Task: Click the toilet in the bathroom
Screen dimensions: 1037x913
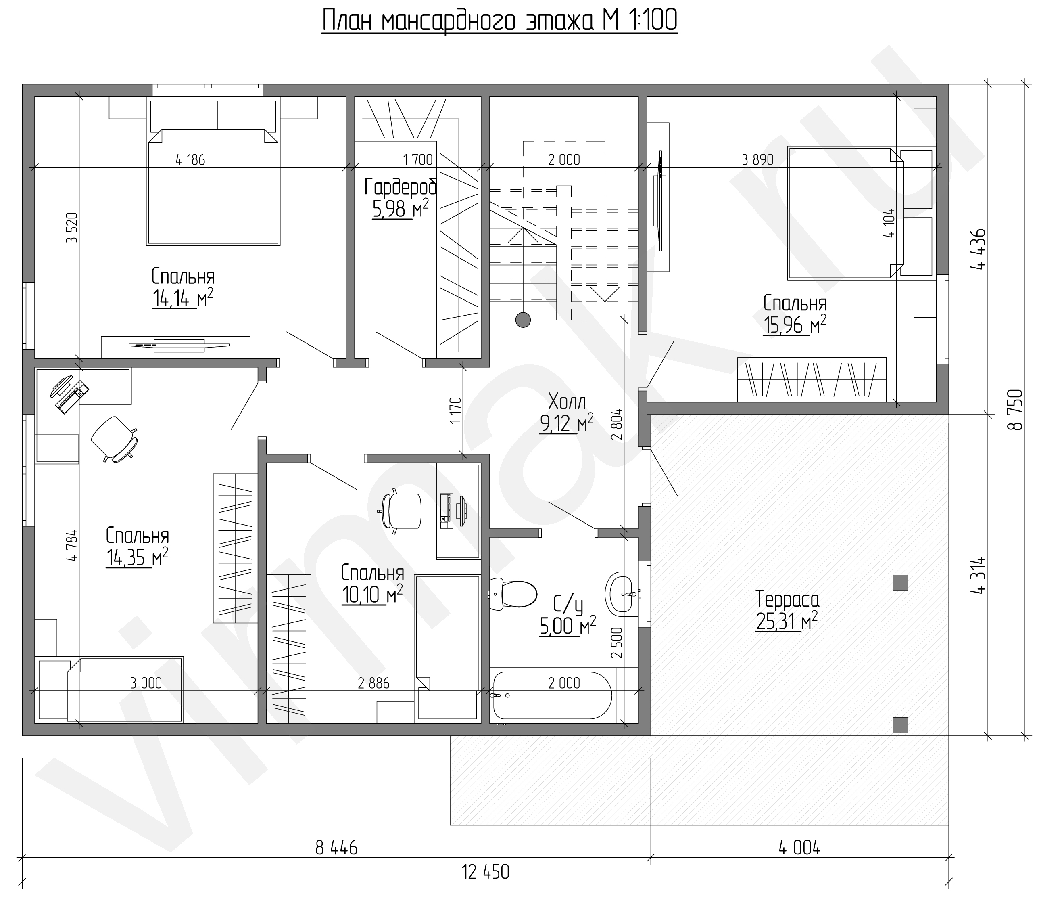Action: point(513,594)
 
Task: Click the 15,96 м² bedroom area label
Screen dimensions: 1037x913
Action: point(795,314)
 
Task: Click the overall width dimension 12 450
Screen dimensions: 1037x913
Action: point(486,872)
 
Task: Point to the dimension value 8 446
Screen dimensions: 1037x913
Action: point(336,848)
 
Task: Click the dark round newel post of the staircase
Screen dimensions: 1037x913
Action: point(523,320)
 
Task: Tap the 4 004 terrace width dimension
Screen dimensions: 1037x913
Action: point(799,848)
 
